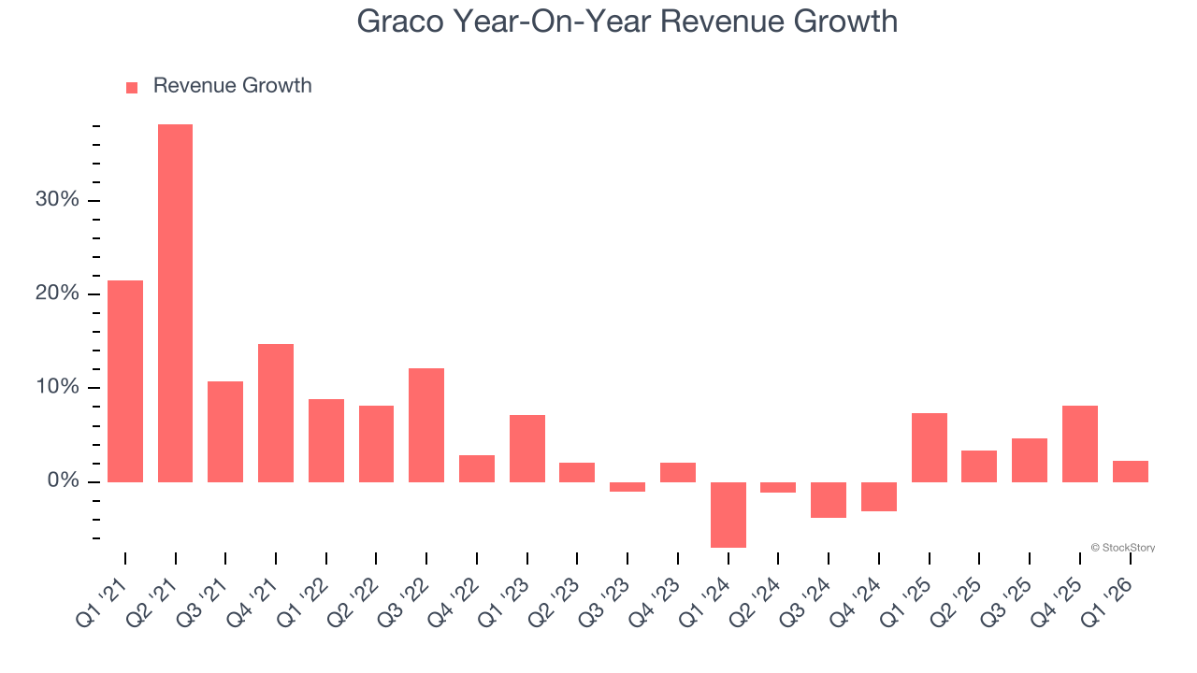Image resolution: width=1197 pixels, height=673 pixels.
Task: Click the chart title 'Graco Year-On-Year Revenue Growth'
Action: click(627, 21)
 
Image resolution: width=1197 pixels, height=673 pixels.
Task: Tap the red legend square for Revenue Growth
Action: click(132, 87)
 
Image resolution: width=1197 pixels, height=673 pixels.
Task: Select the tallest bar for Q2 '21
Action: click(175, 303)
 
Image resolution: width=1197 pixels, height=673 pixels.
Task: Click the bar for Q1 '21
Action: click(125, 381)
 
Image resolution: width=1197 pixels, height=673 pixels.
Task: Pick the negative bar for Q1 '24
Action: click(728, 514)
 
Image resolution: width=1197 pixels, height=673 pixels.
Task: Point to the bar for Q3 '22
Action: click(426, 425)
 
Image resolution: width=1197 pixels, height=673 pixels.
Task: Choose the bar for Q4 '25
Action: click(1080, 444)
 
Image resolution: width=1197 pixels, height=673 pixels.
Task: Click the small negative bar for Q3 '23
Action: click(627, 487)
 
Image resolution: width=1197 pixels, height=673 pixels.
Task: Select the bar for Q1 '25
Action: click(930, 448)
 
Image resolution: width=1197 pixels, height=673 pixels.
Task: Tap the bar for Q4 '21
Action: click(276, 413)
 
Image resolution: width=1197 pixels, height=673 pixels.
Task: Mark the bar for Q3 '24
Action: click(829, 500)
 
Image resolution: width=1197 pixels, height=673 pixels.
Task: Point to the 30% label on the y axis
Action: click(57, 200)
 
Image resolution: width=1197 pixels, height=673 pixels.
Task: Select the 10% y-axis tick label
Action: click(57, 388)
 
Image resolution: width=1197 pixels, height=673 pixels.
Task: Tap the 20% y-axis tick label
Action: click(57, 294)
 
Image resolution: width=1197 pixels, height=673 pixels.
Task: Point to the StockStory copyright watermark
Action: click(1122, 548)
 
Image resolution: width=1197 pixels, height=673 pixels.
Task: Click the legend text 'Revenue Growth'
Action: click(232, 86)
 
